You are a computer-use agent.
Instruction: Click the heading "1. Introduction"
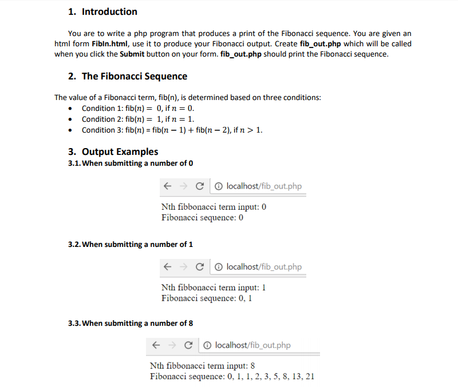point(102,11)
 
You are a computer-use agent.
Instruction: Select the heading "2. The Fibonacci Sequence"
point(127,76)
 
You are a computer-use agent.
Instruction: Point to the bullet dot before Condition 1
point(70,109)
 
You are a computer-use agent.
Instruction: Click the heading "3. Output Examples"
point(113,151)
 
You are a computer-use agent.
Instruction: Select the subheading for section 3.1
point(131,163)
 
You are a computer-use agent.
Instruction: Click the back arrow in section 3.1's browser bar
point(167,186)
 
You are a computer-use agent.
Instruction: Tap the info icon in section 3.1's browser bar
point(219,186)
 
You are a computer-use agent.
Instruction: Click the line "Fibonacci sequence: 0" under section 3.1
point(203,217)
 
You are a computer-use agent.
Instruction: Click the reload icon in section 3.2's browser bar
point(199,267)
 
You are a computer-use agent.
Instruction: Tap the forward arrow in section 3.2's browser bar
point(183,267)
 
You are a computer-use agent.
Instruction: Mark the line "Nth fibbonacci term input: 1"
point(214,288)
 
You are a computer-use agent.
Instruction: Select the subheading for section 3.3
point(131,323)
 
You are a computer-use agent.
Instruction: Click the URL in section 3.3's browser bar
point(252,345)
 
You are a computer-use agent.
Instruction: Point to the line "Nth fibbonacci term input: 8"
point(202,366)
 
